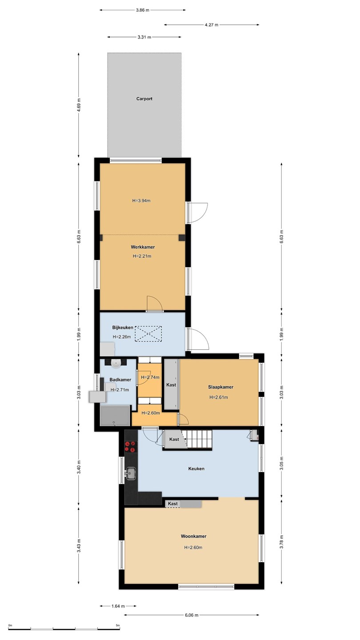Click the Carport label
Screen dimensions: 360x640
tap(144, 99)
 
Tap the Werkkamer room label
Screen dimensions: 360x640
tap(143, 247)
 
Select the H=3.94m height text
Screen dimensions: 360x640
tap(141, 200)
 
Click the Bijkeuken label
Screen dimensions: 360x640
tap(123, 328)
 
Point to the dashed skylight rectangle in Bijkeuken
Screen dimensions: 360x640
tap(148, 333)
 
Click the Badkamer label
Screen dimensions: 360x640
tap(120, 380)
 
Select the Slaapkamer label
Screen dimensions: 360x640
tap(220, 387)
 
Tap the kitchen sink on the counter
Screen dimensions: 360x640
tap(131, 473)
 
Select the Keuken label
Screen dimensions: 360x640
tap(196, 468)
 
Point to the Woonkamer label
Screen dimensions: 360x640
tap(193, 536)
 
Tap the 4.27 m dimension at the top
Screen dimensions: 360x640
tap(212, 25)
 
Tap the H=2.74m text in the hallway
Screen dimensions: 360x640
tap(150, 377)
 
